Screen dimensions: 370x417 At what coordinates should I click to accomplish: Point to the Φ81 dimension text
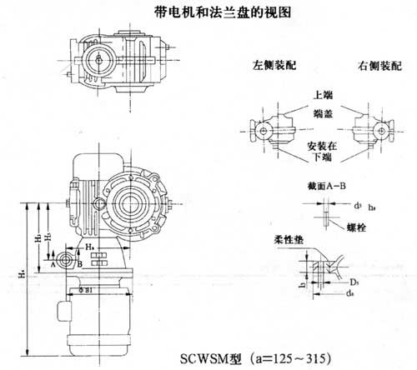85,290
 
